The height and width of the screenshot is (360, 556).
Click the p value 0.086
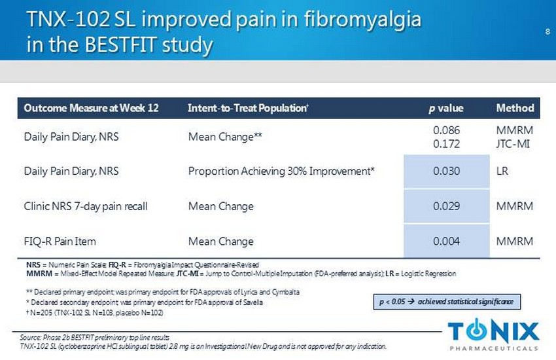[447, 131]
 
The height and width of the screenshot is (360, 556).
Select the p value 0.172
[447, 143]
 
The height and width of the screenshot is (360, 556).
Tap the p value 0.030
[447, 171]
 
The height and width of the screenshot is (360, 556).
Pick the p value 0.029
[447, 206]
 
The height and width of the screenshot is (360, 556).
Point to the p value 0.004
[447, 242]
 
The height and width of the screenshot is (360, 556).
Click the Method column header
[515, 108]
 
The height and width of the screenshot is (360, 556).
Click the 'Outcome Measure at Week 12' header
[92, 108]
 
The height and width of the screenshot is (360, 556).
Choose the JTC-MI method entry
[515, 143]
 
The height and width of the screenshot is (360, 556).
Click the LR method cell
[502, 171]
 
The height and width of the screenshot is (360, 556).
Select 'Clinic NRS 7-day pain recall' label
[86, 206]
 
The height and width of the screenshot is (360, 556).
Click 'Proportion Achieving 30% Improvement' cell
[281, 171]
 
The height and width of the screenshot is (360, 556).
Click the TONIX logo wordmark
[494, 329]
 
